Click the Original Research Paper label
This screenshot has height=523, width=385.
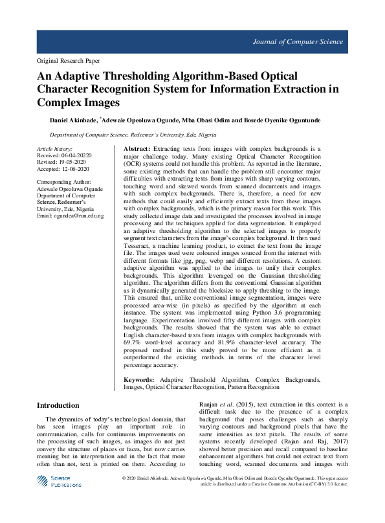(64, 60)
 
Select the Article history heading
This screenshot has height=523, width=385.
(54, 149)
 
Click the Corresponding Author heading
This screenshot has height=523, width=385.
(63, 183)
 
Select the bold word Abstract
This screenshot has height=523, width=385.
(137, 149)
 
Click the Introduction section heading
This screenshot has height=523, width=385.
(58, 405)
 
